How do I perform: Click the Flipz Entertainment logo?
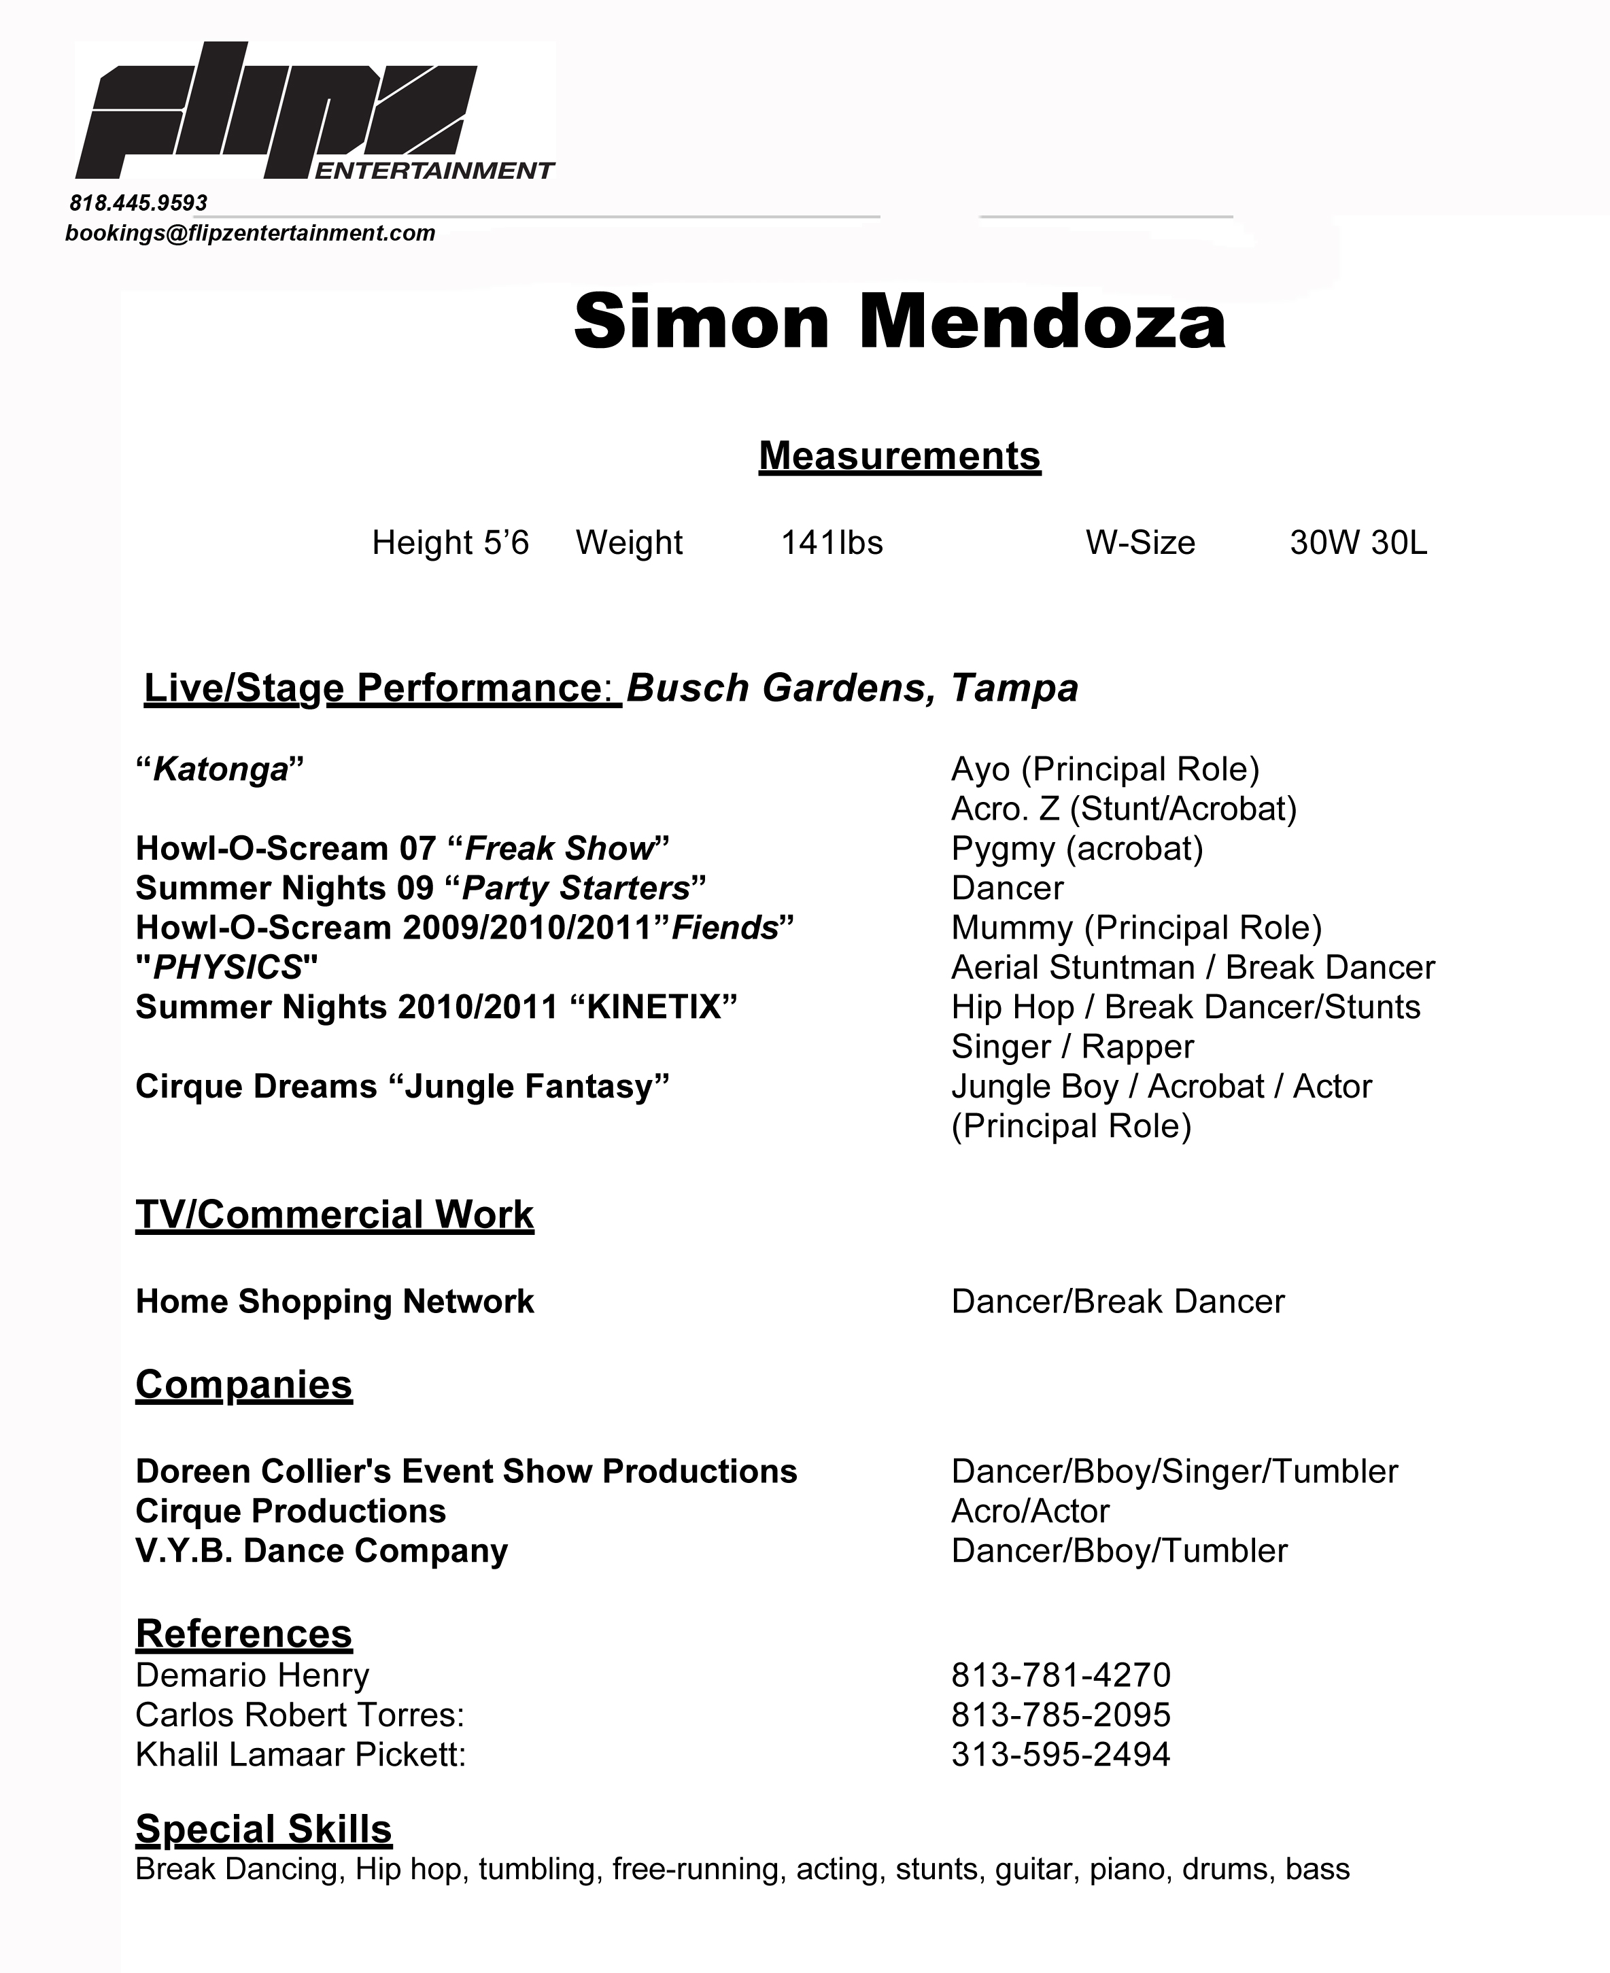(x=315, y=112)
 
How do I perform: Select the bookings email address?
(x=250, y=232)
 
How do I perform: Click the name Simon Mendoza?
(x=900, y=321)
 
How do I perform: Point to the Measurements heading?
(x=900, y=456)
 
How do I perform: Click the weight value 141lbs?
(x=832, y=542)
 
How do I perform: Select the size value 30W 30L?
(x=1358, y=542)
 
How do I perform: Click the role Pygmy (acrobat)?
(x=1077, y=848)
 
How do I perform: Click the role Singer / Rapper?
(x=1072, y=1047)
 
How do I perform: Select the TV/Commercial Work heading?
(x=335, y=1215)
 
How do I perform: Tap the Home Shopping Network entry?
(x=335, y=1302)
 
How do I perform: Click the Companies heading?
(x=244, y=1384)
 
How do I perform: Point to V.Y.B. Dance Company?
(x=322, y=1551)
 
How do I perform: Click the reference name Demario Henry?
(x=252, y=1675)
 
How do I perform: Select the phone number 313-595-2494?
(x=1061, y=1755)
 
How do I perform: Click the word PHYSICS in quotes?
(x=227, y=968)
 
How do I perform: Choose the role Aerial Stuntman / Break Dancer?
(x=1193, y=968)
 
